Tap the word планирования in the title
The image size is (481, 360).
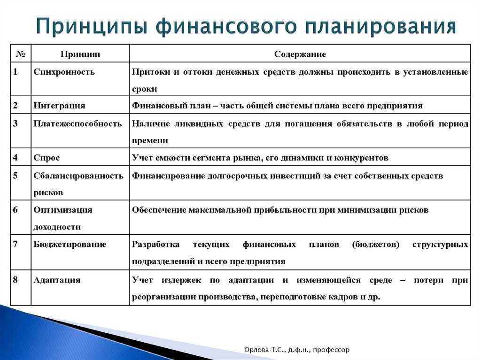pos(380,27)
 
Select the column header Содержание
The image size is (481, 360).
pos(300,54)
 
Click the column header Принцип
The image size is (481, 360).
pos(80,54)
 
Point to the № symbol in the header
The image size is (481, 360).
pos(20,54)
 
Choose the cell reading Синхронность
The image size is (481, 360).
pos(64,72)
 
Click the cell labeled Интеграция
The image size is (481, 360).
pos(59,106)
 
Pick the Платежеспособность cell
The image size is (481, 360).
pos(78,123)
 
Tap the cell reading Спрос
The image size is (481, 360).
pos(47,158)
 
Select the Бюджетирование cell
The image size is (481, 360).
pos(70,245)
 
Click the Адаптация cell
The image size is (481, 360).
pos(57,280)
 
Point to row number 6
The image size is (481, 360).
pos(16,210)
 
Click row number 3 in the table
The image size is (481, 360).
pos(16,123)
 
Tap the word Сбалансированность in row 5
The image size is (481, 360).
pos(78,176)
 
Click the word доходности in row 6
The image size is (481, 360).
pos(57,227)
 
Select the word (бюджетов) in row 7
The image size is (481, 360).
pos(376,245)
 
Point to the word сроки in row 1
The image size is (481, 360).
pos(145,89)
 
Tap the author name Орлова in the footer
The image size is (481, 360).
pos(256,350)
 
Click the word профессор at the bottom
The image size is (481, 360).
pos(331,350)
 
